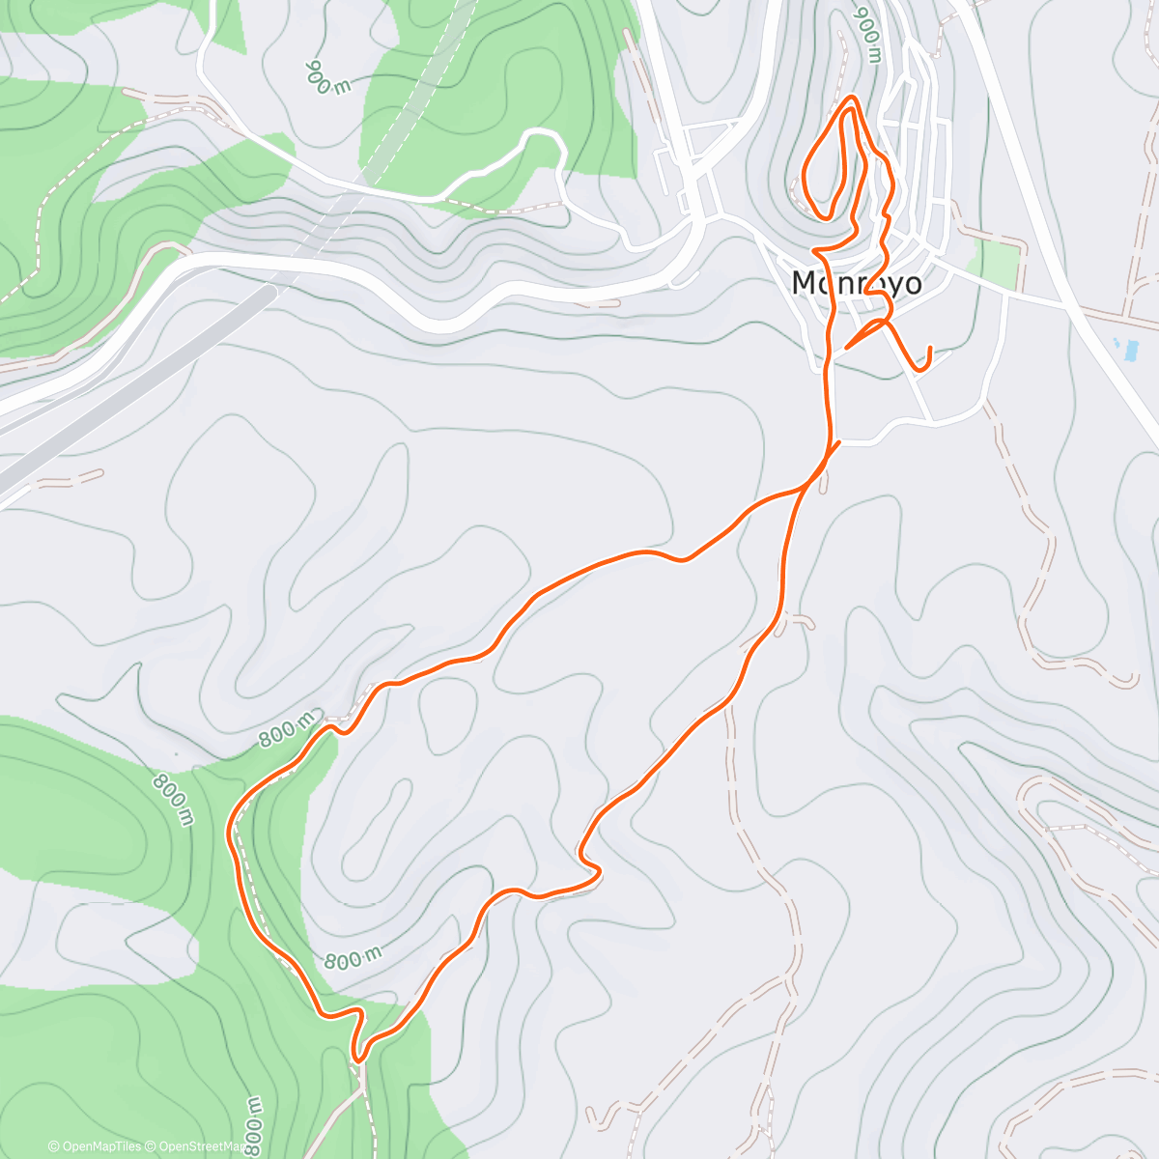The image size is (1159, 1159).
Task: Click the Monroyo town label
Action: click(x=856, y=283)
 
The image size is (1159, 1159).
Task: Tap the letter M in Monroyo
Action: click(x=804, y=283)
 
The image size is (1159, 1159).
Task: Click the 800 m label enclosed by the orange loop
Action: click(x=353, y=959)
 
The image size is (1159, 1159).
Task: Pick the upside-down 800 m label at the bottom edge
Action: click(x=253, y=1124)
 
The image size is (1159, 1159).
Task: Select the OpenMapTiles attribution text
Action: click(x=95, y=1146)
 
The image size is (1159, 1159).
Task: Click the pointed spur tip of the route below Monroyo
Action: click(x=847, y=347)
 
